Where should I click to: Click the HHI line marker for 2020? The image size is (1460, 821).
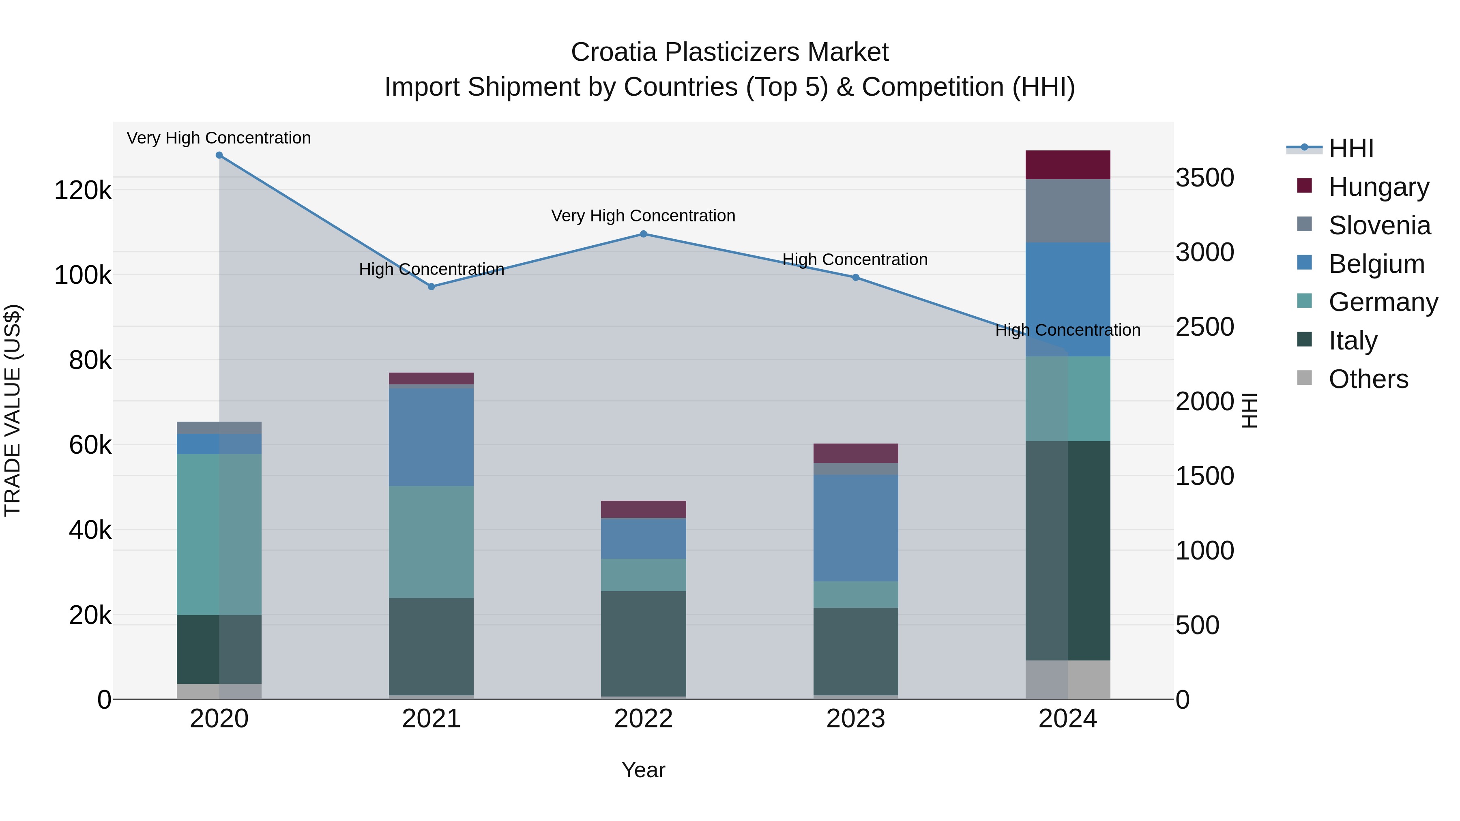(219, 155)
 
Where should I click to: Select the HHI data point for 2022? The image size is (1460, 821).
(643, 234)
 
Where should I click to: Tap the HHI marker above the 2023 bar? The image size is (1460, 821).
(856, 278)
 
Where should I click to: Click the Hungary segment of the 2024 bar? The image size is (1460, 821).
(1068, 165)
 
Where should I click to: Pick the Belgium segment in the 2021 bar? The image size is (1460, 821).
(432, 437)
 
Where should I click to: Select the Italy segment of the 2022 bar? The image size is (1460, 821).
(643, 644)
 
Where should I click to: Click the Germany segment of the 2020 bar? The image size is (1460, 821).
(219, 534)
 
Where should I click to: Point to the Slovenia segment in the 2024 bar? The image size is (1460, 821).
(1068, 211)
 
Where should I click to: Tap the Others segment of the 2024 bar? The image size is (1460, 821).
(1068, 680)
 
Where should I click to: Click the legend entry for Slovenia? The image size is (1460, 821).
(1378, 225)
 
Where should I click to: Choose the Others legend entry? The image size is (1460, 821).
(1368, 379)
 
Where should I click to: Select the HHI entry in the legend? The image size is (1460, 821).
(1350, 148)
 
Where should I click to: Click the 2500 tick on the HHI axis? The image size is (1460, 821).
(1204, 327)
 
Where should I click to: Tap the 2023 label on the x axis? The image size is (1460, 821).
(856, 719)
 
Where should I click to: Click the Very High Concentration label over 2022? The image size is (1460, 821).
(643, 216)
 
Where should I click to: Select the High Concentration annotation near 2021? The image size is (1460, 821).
(432, 269)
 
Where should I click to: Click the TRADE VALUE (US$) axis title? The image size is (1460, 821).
(13, 410)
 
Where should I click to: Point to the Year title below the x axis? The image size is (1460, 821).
(643, 770)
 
